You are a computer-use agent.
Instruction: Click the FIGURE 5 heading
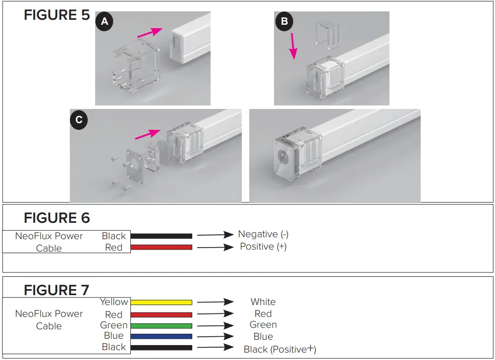(x=56, y=15)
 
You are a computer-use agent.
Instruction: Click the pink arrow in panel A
(x=150, y=33)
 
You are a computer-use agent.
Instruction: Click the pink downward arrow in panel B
(x=293, y=46)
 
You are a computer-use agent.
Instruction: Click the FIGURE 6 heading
(x=56, y=218)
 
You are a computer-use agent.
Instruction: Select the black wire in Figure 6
(x=161, y=236)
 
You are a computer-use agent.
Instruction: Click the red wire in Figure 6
(x=161, y=247)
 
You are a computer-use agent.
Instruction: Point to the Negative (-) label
(x=263, y=234)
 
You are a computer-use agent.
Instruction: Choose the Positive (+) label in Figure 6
(x=263, y=246)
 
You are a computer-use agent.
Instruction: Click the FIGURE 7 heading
(x=56, y=290)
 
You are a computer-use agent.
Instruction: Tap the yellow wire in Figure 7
(x=161, y=302)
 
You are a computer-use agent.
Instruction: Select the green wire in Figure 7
(x=161, y=326)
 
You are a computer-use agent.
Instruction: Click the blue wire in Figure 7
(x=161, y=337)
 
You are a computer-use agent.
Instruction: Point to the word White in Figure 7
(x=263, y=302)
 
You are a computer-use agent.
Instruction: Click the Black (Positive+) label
(x=279, y=349)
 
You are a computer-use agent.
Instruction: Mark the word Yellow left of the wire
(x=114, y=302)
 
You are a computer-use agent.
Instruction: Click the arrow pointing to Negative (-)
(x=215, y=235)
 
